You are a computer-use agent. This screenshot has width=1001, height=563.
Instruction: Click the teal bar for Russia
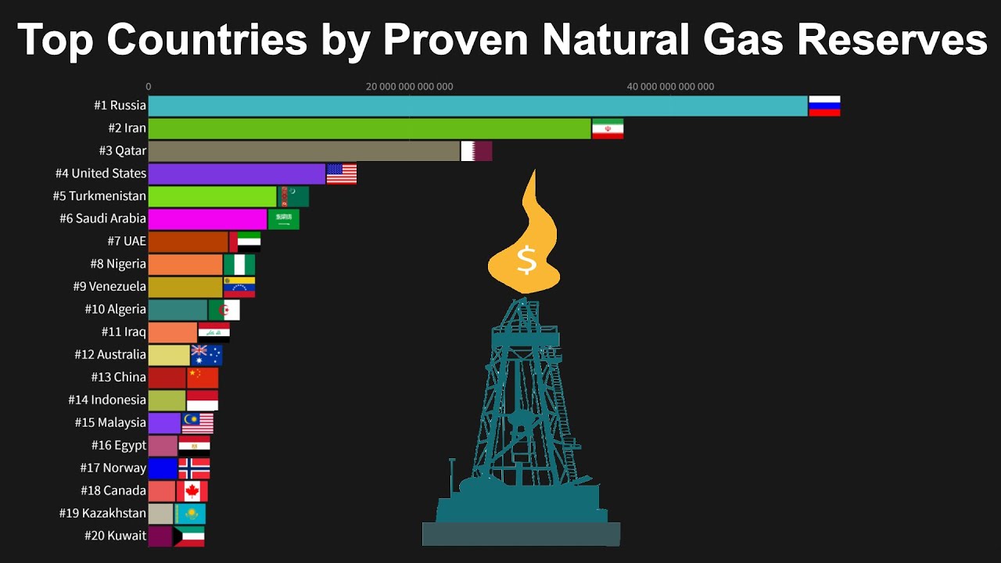478,106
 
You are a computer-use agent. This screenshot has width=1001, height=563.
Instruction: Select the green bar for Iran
370,129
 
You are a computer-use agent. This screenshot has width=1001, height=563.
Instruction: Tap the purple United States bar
237,174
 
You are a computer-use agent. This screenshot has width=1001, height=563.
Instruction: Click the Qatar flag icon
476,151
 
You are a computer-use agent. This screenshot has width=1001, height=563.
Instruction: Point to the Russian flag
824,106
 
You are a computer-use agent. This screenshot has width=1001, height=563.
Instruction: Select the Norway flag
194,468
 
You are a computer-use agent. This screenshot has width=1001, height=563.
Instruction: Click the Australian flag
206,355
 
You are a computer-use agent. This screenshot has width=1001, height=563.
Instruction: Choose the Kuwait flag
189,536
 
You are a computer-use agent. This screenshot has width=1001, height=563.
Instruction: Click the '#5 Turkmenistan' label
99,196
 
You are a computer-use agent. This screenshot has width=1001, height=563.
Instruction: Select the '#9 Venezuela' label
109,286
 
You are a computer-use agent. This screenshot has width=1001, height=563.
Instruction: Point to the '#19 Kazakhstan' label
102,513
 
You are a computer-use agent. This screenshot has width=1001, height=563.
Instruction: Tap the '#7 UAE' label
127,242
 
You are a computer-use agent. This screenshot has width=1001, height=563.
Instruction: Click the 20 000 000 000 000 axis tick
409,87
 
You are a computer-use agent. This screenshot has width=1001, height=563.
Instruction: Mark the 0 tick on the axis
149,87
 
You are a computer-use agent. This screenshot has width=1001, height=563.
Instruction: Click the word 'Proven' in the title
456,40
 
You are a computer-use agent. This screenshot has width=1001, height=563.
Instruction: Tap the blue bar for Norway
163,468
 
